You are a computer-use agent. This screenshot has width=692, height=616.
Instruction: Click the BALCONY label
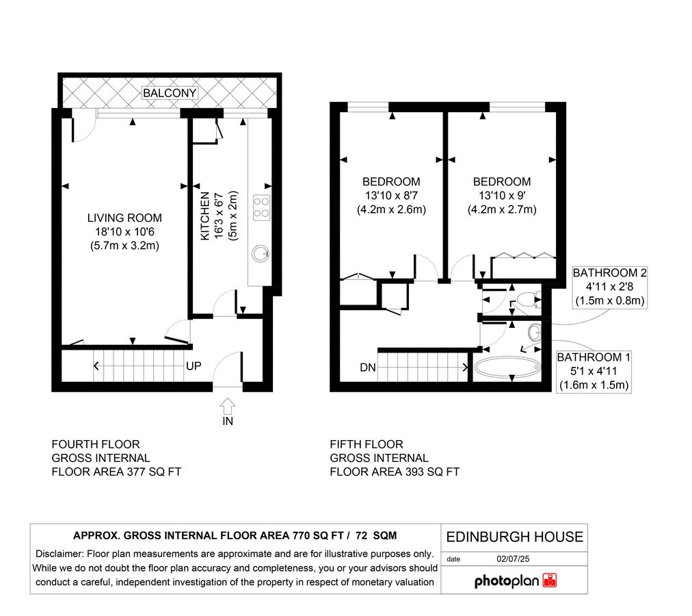(x=170, y=93)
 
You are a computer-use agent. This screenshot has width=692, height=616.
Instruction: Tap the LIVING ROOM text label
(x=124, y=218)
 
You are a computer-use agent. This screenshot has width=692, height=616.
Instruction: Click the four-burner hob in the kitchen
(x=261, y=206)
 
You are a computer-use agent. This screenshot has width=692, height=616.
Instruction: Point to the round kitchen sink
(x=260, y=253)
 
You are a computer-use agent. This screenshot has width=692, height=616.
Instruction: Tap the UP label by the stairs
(x=194, y=366)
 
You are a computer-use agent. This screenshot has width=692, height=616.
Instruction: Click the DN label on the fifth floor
(x=367, y=368)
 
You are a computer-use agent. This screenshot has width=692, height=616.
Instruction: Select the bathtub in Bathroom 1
(x=507, y=368)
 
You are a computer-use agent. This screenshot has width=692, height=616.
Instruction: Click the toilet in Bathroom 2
(x=526, y=299)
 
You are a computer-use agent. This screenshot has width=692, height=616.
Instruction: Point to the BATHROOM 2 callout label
(x=609, y=273)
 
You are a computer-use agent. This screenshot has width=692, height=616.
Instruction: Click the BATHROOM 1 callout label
(x=594, y=357)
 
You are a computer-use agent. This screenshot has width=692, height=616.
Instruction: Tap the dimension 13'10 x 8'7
(x=391, y=196)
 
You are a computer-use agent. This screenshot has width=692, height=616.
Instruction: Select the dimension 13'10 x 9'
(x=501, y=196)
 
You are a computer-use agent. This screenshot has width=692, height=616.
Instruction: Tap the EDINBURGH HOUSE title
(x=514, y=537)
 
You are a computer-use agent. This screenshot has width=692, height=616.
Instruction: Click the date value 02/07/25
(x=518, y=559)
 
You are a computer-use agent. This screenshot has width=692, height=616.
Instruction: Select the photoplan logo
(x=516, y=581)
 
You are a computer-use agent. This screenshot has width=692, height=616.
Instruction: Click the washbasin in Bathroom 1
(x=534, y=333)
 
